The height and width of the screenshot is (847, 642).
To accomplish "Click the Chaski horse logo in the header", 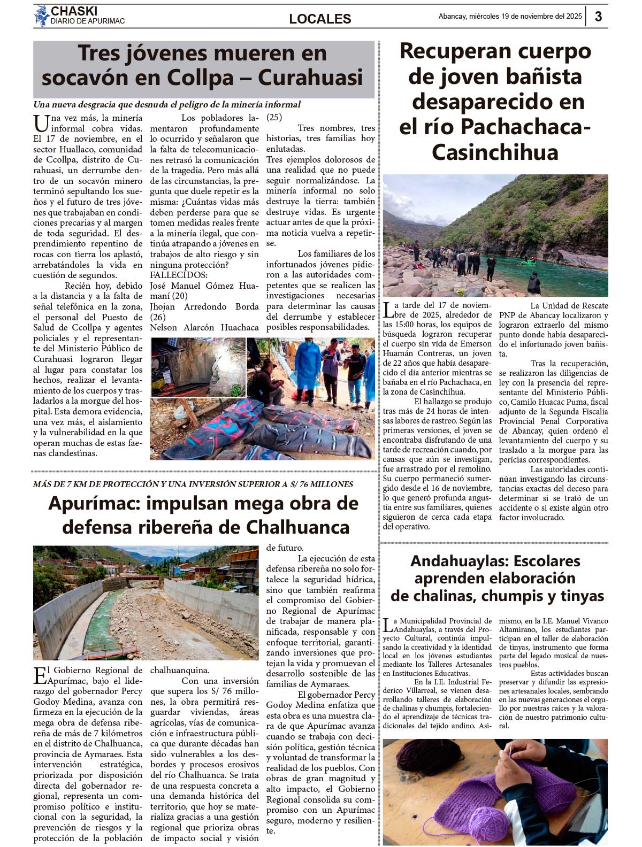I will pyautogui.click(x=41, y=16).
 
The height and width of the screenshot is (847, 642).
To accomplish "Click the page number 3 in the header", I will pyautogui.click(x=598, y=17).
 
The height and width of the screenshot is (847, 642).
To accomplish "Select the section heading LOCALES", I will pyautogui.click(x=320, y=19).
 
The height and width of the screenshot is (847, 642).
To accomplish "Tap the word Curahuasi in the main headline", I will pyautogui.click(x=310, y=78).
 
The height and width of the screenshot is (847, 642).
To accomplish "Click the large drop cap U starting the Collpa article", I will pyautogui.click(x=41, y=124).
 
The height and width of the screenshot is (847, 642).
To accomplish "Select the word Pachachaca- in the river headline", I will pyautogui.click(x=525, y=127).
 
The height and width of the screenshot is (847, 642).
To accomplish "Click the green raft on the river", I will pyautogui.click(x=529, y=261).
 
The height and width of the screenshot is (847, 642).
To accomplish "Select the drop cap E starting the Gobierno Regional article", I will pyautogui.click(x=40, y=675).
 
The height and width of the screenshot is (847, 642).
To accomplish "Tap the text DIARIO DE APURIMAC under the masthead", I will pyautogui.click(x=87, y=21).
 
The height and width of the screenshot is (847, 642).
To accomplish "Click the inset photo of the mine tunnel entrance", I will pyautogui.click(x=198, y=367).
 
